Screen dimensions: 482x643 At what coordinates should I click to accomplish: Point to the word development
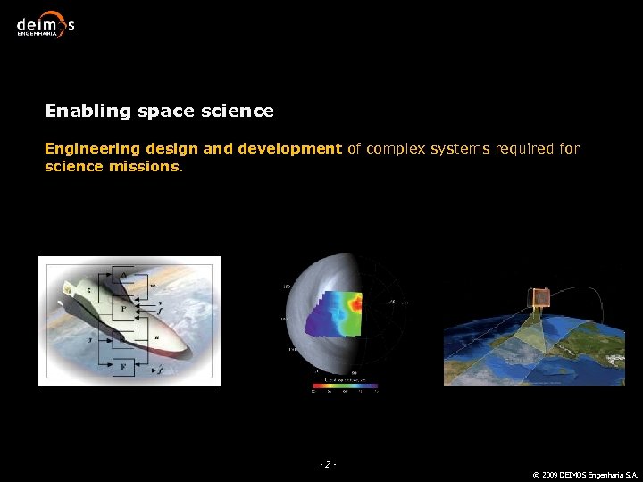pos(289,149)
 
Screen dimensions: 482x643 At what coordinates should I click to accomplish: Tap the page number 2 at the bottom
pos(328,464)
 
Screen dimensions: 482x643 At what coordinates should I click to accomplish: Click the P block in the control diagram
pos(124,309)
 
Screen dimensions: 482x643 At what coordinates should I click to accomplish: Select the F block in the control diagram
pos(124,367)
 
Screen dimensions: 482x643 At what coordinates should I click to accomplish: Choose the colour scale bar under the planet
pos(345,387)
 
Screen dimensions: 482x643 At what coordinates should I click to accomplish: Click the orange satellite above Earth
pos(538,299)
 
